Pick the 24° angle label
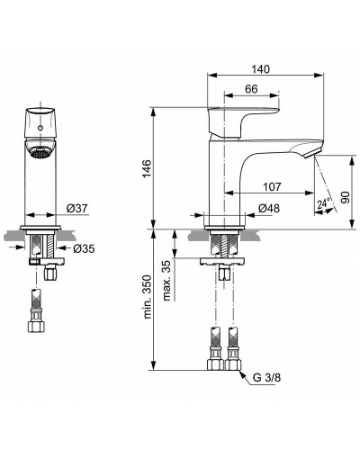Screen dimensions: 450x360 321,205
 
